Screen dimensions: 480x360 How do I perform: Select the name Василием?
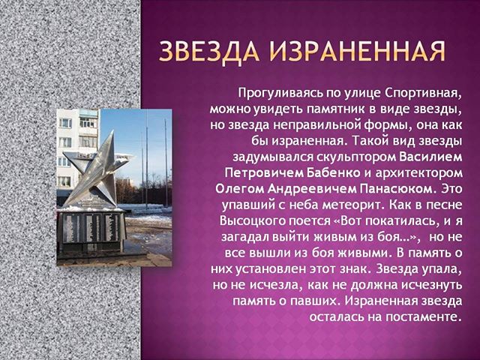pyautogui.click(x=431, y=157)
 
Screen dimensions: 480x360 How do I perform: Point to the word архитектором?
pyautogui.click(x=418, y=173)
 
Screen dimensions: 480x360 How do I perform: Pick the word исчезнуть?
pyautogui.click(x=432, y=285)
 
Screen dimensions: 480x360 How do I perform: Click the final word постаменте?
pyautogui.click(x=423, y=316)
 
